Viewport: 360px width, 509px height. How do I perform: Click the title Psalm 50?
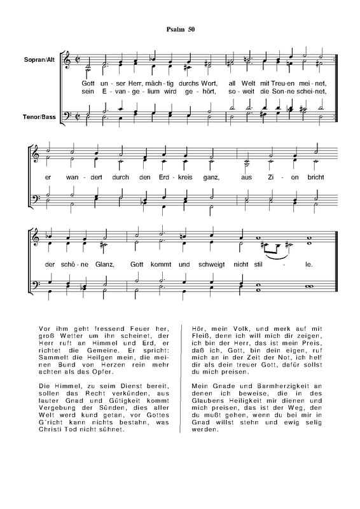tap(179, 30)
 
